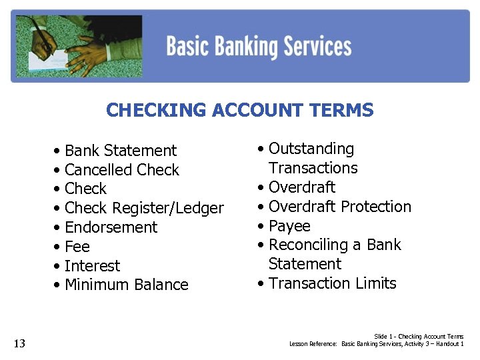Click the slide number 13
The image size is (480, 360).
tap(19, 343)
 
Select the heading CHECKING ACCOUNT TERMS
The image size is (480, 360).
tap(239, 110)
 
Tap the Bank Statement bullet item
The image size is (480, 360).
tap(120, 151)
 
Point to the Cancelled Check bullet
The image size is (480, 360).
tap(121, 170)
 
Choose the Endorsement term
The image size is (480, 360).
tap(111, 227)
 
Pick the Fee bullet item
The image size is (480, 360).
tap(77, 247)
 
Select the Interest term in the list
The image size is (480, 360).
tap(92, 266)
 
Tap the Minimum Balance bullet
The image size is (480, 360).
tap(126, 285)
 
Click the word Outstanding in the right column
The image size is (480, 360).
tap(311, 149)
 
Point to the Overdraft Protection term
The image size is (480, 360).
tap(339, 207)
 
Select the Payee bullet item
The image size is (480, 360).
tap(289, 226)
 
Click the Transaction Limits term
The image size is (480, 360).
tap(332, 283)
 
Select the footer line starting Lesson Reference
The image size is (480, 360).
tap(376, 344)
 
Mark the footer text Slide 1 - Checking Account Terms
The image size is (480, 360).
tap(419, 337)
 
